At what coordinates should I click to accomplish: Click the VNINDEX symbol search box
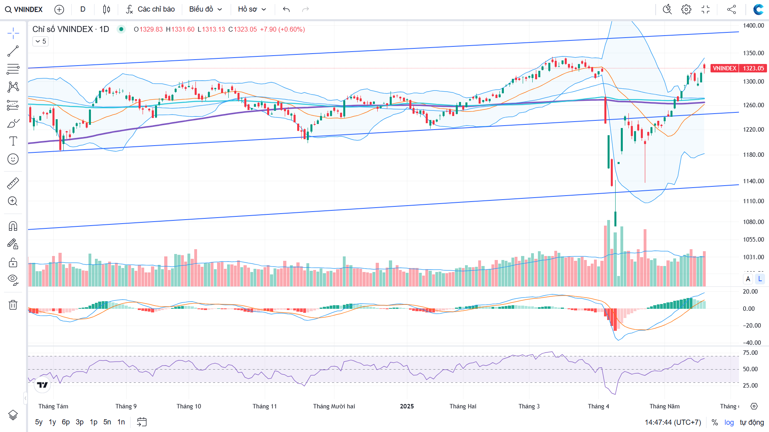(24, 9)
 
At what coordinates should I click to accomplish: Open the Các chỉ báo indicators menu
(151, 9)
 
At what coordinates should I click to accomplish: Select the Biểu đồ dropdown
(205, 9)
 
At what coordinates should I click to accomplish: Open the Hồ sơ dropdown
(252, 9)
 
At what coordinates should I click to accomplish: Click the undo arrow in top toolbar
(286, 9)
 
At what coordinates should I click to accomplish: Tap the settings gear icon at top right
(686, 9)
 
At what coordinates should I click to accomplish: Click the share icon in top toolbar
(731, 9)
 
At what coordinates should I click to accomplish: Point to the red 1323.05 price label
(753, 68)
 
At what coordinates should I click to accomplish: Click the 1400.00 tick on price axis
(753, 26)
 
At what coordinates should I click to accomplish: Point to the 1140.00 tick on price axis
(753, 181)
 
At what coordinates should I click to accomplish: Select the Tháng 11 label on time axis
(264, 406)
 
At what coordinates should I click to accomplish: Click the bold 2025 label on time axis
(407, 406)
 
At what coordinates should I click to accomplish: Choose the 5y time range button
(38, 422)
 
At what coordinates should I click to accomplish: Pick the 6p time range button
(66, 422)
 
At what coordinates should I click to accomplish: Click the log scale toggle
(729, 422)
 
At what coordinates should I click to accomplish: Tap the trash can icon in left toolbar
(13, 305)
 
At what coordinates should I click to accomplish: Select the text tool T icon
(13, 141)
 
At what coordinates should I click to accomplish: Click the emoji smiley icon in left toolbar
(13, 159)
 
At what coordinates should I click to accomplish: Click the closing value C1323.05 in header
(243, 29)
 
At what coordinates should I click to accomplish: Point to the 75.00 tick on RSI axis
(750, 353)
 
